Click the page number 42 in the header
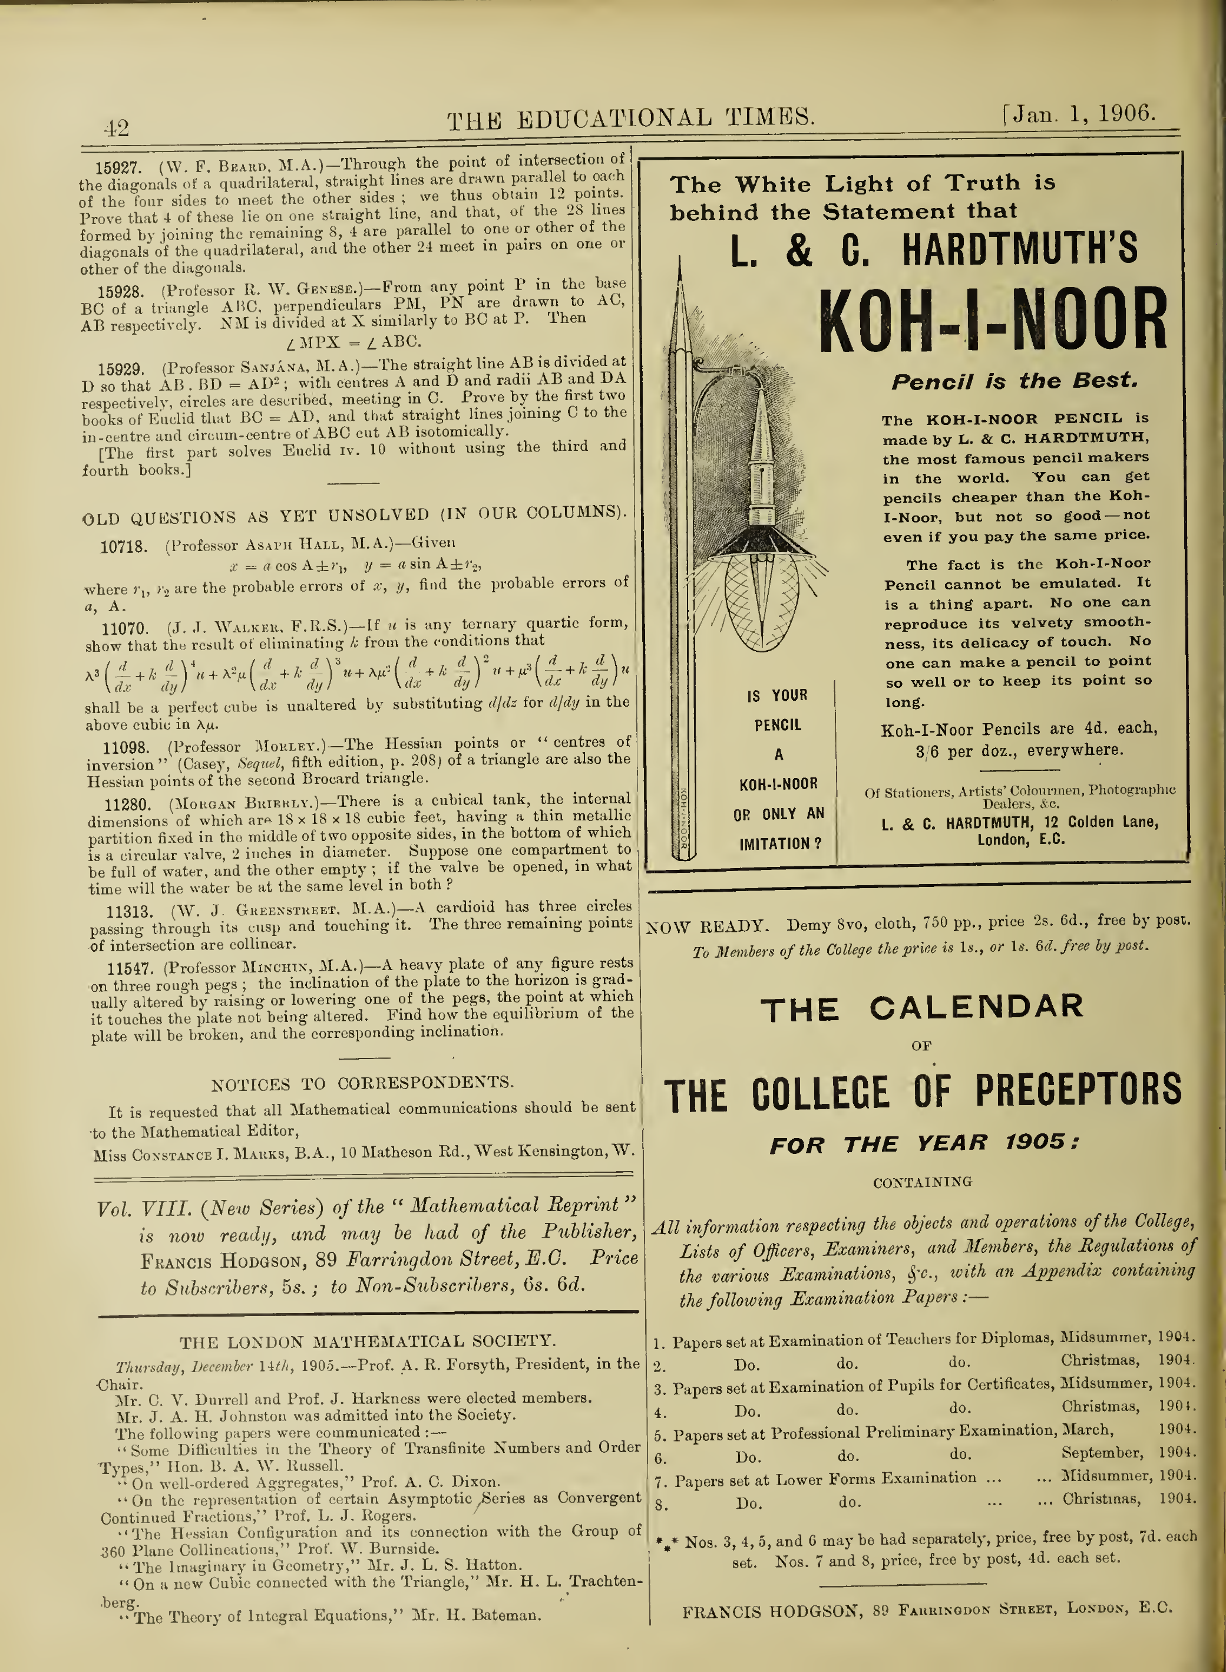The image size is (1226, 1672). [117, 128]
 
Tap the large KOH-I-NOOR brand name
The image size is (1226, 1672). [993, 321]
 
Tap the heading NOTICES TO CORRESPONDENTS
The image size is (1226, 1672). [362, 1083]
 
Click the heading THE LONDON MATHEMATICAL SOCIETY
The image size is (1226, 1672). [368, 1341]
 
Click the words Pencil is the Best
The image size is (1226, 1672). [1014, 382]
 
